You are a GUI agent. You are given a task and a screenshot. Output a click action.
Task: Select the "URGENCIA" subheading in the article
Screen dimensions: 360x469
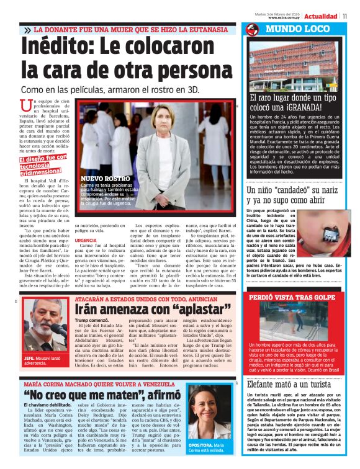[x=86, y=240]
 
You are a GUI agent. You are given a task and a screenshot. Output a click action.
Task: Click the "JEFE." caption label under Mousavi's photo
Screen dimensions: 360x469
[x=29, y=359]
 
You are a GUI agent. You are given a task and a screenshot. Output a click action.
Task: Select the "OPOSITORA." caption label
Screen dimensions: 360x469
[x=201, y=445]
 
